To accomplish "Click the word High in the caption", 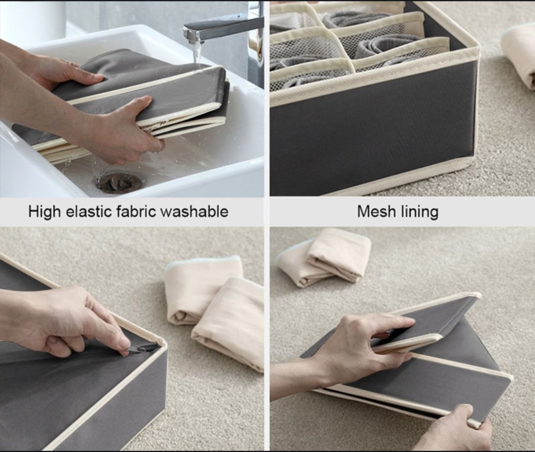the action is (44, 212).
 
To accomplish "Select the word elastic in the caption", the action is (88, 211).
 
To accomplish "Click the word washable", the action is (194, 211).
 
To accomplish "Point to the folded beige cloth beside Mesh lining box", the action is (518, 55).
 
